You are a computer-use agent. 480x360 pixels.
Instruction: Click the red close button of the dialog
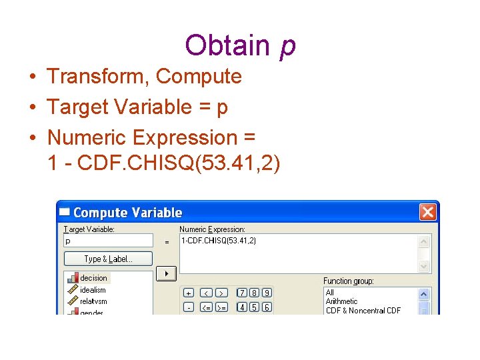(427, 212)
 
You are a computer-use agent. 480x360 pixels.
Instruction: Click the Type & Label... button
(108, 259)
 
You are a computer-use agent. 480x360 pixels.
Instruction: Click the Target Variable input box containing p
(108, 241)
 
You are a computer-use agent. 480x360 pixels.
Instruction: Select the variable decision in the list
(93, 278)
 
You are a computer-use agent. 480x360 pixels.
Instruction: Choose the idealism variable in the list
(93, 290)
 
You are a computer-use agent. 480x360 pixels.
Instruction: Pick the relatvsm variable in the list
(93, 301)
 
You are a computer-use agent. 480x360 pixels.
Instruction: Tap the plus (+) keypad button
(189, 293)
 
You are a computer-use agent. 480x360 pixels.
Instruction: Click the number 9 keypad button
(266, 293)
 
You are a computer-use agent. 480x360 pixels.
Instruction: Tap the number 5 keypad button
(254, 307)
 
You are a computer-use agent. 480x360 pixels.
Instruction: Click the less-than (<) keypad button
(206, 293)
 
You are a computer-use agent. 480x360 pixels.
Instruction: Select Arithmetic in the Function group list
(341, 301)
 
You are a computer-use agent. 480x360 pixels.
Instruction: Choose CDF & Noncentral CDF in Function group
(363, 311)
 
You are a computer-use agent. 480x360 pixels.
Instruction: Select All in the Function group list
(330, 292)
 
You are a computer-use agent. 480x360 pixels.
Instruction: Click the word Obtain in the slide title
(227, 45)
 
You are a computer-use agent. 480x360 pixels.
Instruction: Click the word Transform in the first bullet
(97, 76)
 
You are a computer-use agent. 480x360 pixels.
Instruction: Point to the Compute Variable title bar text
(127, 213)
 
